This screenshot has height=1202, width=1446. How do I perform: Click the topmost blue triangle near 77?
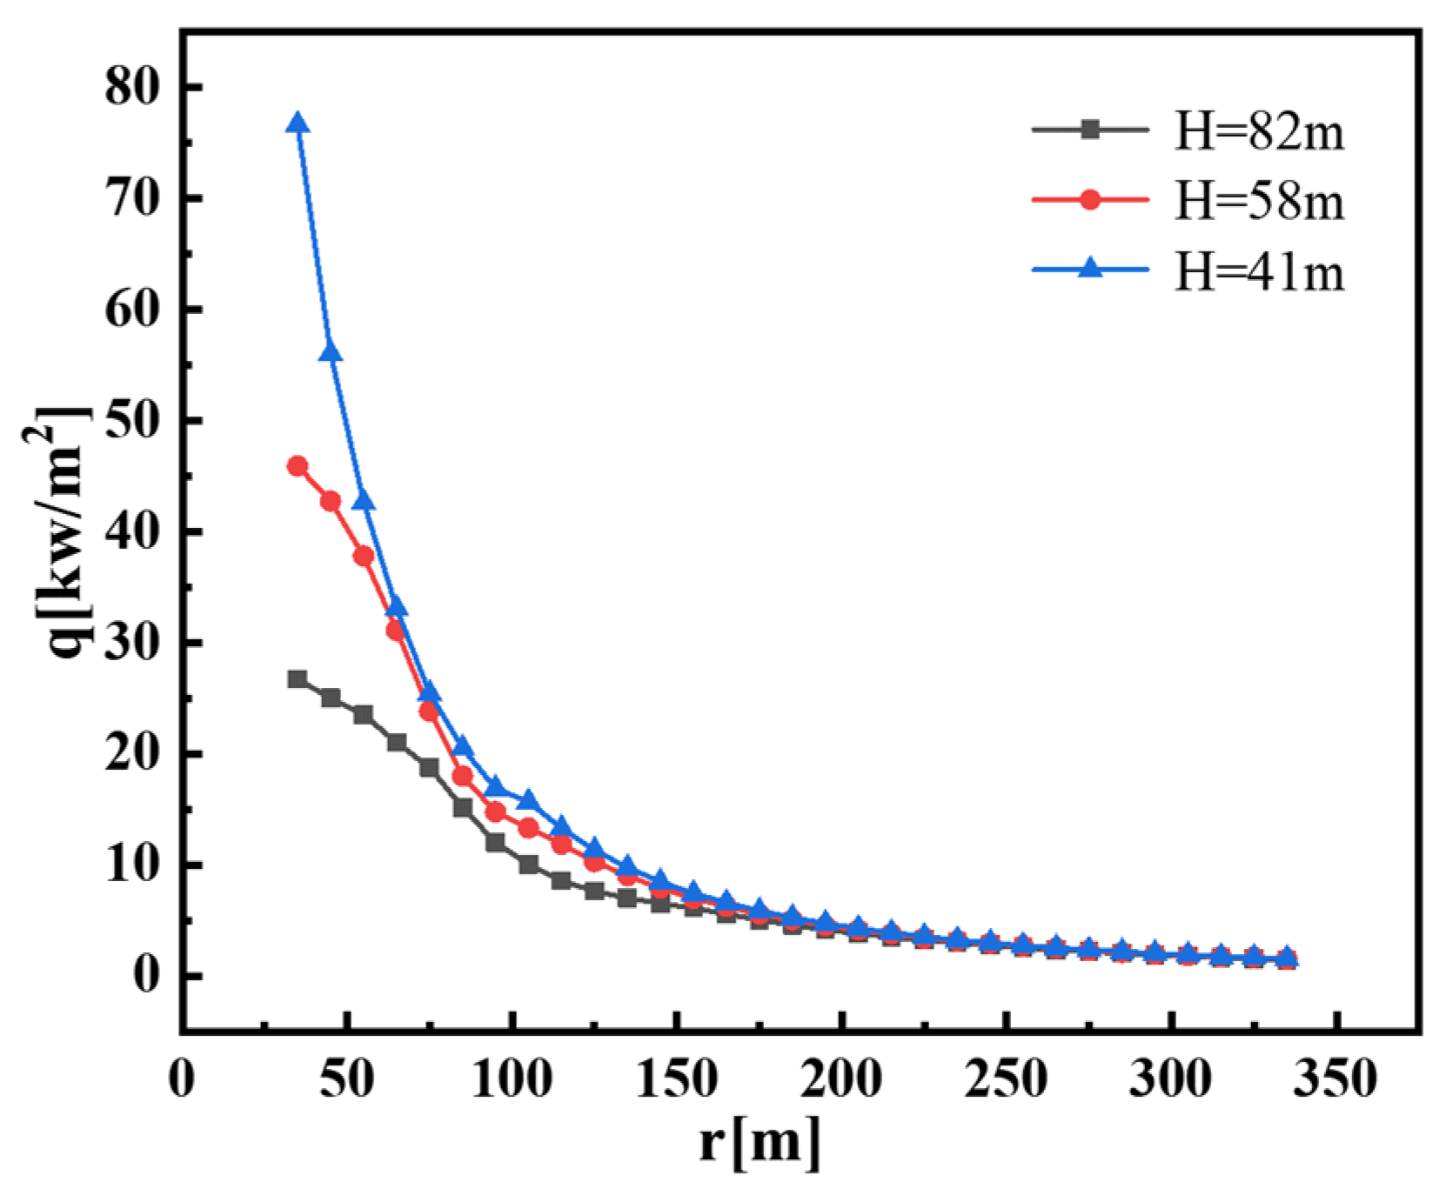click(298, 124)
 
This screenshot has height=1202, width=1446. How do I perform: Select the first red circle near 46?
click(298, 466)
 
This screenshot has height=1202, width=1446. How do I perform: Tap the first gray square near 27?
click(298, 678)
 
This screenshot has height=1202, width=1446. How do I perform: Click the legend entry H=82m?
click(1258, 132)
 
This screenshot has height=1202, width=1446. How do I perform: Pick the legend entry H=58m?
click(1258, 201)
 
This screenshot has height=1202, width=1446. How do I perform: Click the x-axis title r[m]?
click(759, 1141)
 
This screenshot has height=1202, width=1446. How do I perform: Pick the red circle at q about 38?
click(364, 556)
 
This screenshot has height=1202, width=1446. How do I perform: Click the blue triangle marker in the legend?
click(1090, 269)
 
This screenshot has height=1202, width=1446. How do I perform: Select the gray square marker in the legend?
click(1090, 130)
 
